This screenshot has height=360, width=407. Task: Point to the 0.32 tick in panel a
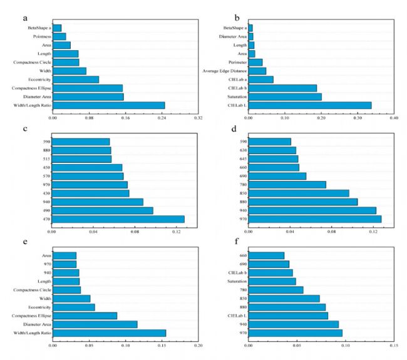click(198, 117)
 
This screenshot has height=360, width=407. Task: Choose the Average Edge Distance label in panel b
click(224, 71)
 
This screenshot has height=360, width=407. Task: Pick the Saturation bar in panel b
click(285, 96)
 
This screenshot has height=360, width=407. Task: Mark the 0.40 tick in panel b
click(394, 117)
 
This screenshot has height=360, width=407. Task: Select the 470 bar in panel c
click(118, 219)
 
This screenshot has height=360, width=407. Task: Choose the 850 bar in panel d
click(299, 193)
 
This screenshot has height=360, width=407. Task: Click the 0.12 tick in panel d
click(373, 232)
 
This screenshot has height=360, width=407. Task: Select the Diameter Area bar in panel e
click(95, 324)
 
